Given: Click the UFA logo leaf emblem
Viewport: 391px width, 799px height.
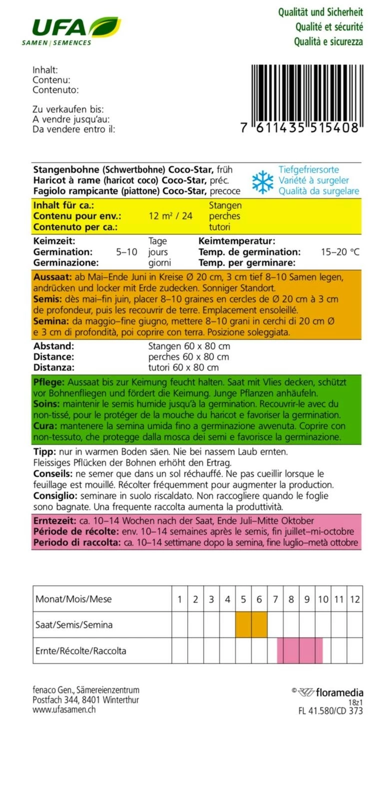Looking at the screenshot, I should (x=105, y=26).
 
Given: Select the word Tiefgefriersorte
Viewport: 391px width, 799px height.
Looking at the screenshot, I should (x=309, y=170).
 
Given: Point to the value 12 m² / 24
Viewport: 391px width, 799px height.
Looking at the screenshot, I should (x=170, y=216).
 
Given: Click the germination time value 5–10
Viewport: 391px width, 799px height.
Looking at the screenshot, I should (x=126, y=252).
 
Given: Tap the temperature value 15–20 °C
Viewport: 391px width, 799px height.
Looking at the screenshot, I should (x=340, y=252).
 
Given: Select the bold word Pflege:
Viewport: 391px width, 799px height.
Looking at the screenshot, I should (x=49, y=382).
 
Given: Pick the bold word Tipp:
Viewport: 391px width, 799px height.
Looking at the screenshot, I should (x=44, y=452).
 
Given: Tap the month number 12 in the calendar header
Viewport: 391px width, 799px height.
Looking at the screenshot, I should (x=355, y=599).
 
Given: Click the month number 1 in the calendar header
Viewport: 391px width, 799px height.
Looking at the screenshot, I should (x=180, y=599).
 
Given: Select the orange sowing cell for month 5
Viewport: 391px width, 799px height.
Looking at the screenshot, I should (x=243, y=625).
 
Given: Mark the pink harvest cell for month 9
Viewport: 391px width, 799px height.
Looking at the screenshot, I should (x=307, y=651).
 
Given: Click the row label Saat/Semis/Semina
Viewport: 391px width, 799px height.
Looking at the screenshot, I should (x=74, y=625).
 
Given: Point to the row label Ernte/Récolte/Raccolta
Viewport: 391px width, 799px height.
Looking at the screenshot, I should (x=81, y=651).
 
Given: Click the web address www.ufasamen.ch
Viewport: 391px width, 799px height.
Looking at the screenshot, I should (x=64, y=709).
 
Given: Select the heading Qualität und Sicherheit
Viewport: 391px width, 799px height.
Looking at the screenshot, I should (x=321, y=12).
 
